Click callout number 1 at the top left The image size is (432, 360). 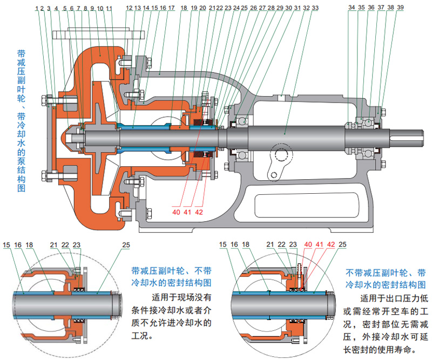(x=36, y=9)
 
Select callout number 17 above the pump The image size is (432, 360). (x=171, y=9)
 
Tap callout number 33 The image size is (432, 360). (x=315, y=9)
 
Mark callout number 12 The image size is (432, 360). (x=128, y=9)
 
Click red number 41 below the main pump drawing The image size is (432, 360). (x=187, y=212)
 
